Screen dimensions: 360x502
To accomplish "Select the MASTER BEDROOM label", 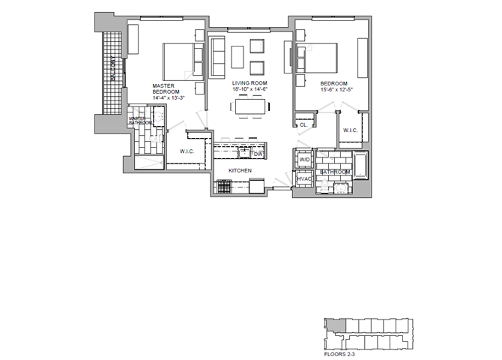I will pos(163,90).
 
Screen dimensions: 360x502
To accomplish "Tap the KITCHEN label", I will pos(240,171).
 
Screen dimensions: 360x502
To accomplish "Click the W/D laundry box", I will pos(305,160).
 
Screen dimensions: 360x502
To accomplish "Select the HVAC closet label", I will pos(303,180).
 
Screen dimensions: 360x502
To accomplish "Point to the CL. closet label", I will pos(303,125).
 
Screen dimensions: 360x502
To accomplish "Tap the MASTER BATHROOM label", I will pos(140,121).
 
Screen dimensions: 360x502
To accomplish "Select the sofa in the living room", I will pos(218,57).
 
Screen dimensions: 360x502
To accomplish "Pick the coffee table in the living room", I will pos(238,56).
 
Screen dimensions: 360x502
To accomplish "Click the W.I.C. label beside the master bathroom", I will pos(187,152).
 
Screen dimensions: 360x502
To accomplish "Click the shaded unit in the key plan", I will pos(332,325).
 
